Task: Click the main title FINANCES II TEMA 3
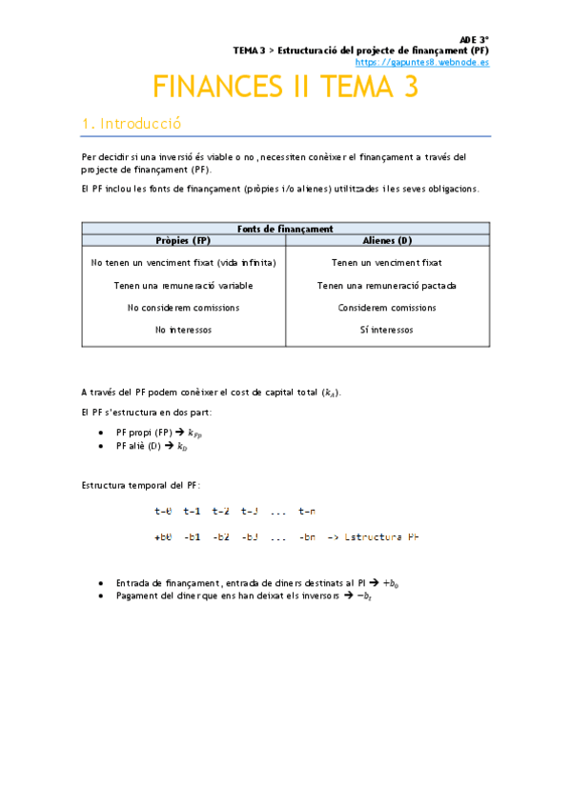(x=285, y=87)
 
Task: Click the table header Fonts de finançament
(x=285, y=229)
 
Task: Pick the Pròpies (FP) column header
(x=183, y=240)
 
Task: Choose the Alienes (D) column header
(x=387, y=240)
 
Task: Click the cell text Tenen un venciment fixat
(x=386, y=262)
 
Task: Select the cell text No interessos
(x=183, y=330)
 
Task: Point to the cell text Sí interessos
(x=387, y=330)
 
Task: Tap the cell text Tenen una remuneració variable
(x=183, y=285)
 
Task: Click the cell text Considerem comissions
(x=387, y=308)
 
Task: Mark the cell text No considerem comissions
(x=183, y=308)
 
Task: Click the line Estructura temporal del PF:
(x=141, y=486)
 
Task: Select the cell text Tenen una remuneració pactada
(x=387, y=285)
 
